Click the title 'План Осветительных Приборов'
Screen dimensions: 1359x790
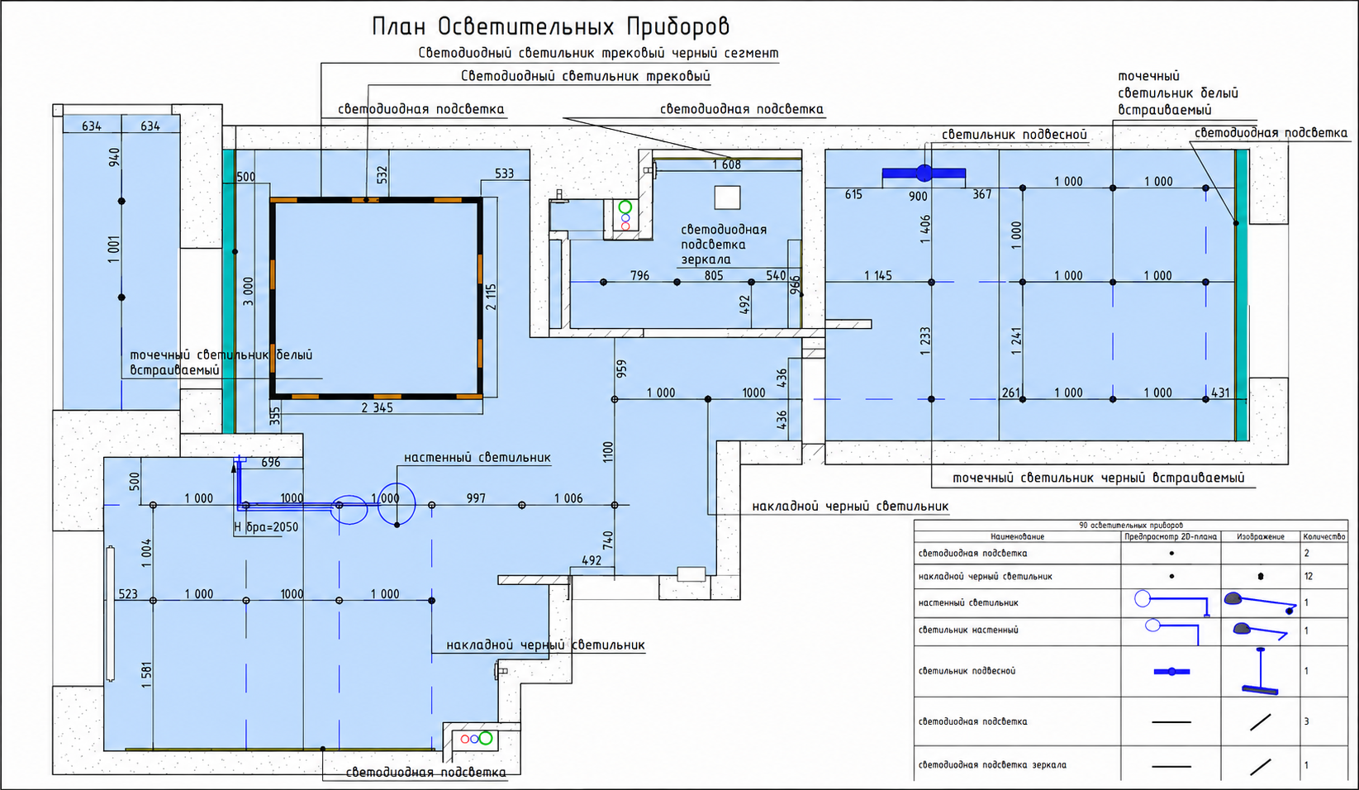(x=550, y=26)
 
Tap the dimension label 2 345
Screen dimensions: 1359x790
(x=377, y=407)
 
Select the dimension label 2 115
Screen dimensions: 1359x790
(x=491, y=297)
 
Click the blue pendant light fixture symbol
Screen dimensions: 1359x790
(x=924, y=174)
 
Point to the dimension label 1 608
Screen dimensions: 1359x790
(x=726, y=164)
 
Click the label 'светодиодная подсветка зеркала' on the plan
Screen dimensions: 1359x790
(x=723, y=245)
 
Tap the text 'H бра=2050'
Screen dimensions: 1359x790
(x=266, y=526)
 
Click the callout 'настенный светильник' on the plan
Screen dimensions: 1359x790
(x=478, y=458)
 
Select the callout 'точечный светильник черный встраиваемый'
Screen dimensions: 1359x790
(x=1099, y=478)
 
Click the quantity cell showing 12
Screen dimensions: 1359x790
(x=1308, y=577)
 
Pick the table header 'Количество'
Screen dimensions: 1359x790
(x=1323, y=537)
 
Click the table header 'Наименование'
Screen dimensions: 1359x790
(x=1018, y=537)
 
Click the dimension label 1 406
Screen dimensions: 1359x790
(x=924, y=229)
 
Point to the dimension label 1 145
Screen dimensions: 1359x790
(x=878, y=276)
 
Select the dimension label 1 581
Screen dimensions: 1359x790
(x=146, y=674)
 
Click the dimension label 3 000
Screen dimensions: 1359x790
(x=248, y=291)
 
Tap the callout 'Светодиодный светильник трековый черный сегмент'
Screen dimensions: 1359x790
(x=598, y=54)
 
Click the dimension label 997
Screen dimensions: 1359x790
(x=476, y=498)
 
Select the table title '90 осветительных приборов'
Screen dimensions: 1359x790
(x=1131, y=526)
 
